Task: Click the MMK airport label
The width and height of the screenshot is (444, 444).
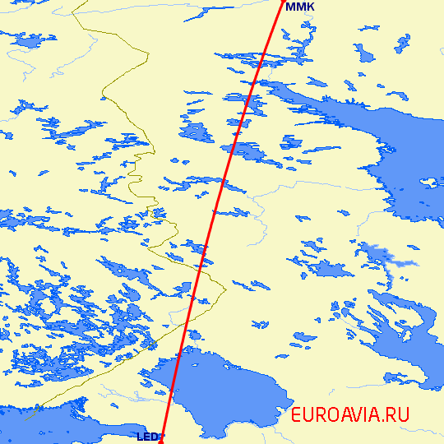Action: [x=299, y=7]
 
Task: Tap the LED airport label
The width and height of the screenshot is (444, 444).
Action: [x=147, y=437]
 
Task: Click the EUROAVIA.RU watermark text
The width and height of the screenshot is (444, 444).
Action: [x=349, y=415]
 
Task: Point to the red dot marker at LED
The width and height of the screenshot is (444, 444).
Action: [x=161, y=442]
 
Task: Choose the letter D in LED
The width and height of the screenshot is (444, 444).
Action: [x=154, y=437]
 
